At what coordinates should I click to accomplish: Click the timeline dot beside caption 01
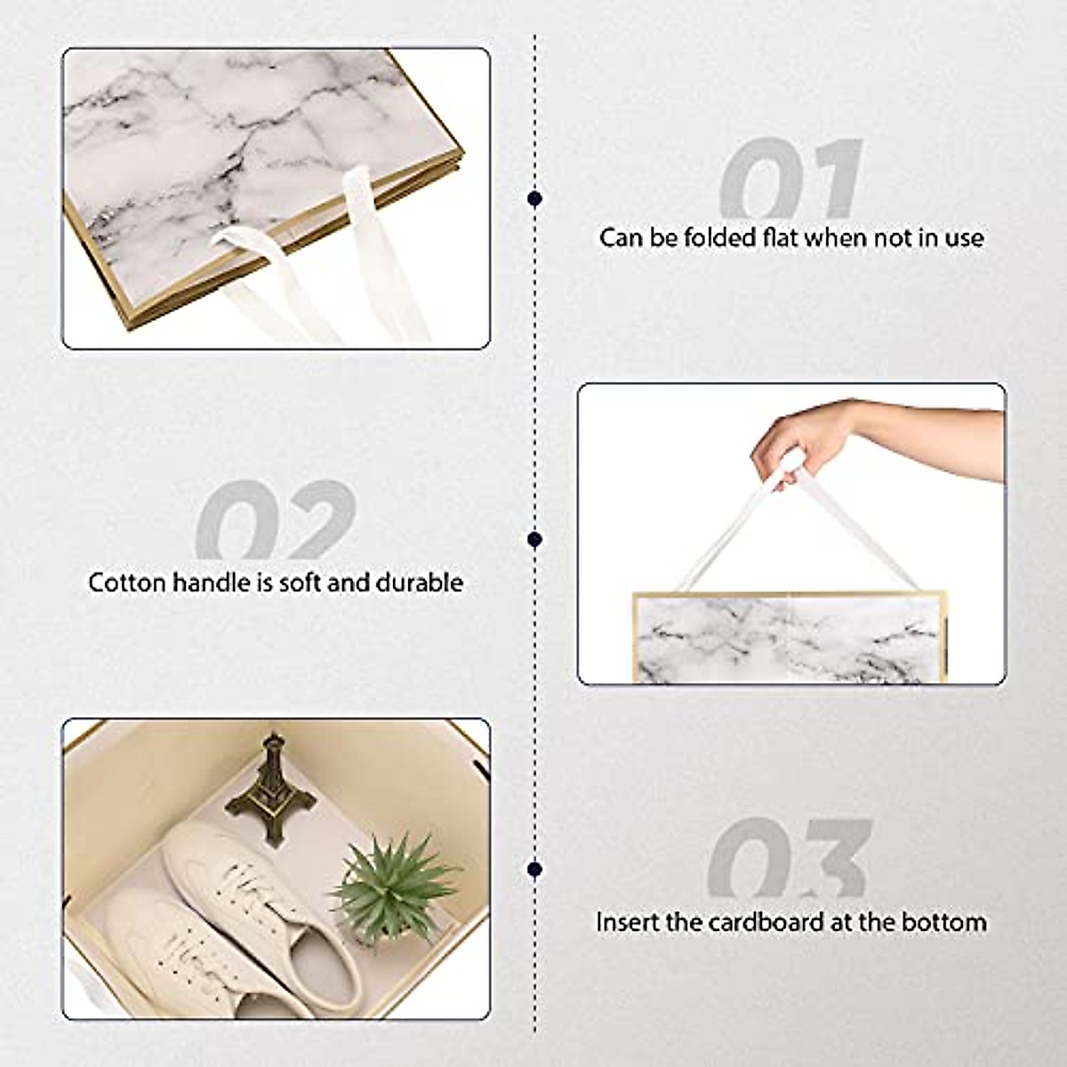click(534, 198)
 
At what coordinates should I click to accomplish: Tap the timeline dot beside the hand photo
click(534, 540)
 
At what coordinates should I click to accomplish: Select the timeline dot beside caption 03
click(534, 869)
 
